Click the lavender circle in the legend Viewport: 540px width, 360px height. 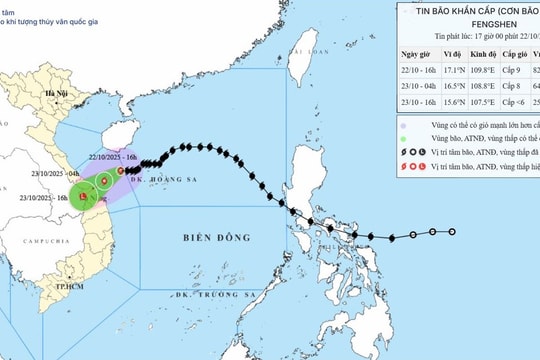[x=401, y=151]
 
